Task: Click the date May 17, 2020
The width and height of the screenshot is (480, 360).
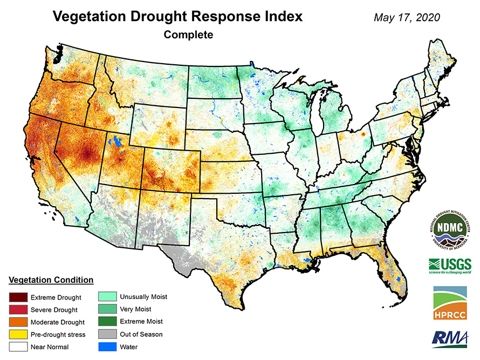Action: coord(407,17)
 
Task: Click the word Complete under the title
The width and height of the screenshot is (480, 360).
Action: coord(188,35)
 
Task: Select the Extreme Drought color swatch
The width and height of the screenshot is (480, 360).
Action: coord(17,297)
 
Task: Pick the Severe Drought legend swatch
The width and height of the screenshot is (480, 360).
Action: coord(17,309)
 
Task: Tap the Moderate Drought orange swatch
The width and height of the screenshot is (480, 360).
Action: coord(17,322)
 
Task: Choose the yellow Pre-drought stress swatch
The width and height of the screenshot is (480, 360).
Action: coord(17,334)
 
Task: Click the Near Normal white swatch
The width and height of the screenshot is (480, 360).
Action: coord(17,347)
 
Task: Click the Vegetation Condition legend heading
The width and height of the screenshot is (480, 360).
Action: coord(51,280)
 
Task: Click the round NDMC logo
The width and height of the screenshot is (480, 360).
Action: coord(450,228)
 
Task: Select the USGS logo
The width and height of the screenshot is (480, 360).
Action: coord(450,266)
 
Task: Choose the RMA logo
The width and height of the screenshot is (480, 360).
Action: coord(450,338)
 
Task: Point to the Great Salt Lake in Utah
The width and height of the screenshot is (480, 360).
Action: coord(114,143)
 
